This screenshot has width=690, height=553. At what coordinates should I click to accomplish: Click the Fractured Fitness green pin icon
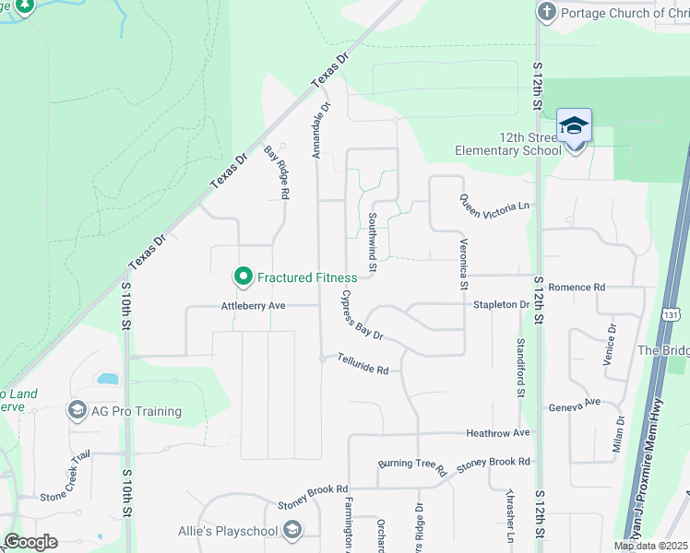[244, 276]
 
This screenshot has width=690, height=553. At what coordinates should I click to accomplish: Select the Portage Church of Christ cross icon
[547, 13]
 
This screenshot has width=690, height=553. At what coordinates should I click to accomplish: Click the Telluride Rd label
[363, 364]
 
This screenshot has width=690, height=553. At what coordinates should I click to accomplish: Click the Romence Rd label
[577, 288]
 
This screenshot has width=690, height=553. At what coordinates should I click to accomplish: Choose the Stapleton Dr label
[501, 304]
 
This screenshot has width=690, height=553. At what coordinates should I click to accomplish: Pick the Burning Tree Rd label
[412, 465]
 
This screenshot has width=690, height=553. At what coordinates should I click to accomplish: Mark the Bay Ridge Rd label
[278, 172]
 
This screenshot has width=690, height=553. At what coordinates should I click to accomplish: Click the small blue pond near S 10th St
[107, 379]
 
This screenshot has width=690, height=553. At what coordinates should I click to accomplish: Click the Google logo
[30, 542]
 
